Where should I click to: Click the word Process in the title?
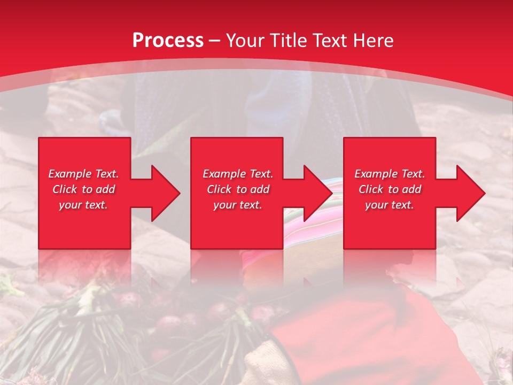pos(168,41)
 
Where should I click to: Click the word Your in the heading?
pos(245,41)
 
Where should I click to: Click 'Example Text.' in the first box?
pos(83,174)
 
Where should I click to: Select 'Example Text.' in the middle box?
pos(238,174)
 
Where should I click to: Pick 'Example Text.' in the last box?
pos(390,174)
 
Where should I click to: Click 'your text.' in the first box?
pos(83,205)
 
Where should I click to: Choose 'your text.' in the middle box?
pos(238,205)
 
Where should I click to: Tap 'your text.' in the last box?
pos(390,205)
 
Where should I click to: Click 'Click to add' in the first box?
pos(83,189)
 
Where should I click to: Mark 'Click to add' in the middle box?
pos(238,189)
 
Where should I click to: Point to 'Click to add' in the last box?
pos(390,189)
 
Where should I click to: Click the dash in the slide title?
pos(214,41)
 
